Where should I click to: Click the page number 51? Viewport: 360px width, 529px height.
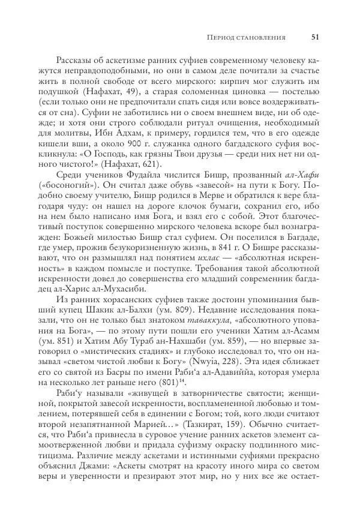point(315,37)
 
